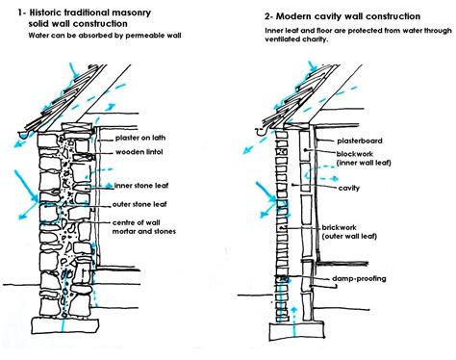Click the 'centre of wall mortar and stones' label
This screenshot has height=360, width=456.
tap(135, 226)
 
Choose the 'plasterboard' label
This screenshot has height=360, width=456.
tap(361, 141)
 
